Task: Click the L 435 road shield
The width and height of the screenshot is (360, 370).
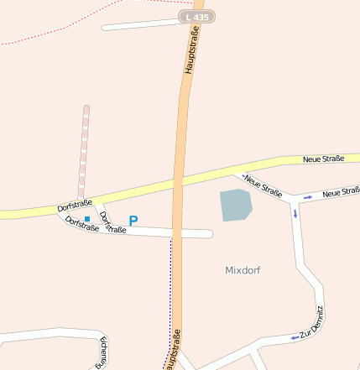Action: tap(197, 17)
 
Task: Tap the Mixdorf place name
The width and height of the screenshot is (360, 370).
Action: tap(243, 270)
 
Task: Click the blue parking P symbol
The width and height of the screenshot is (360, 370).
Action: tap(133, 221)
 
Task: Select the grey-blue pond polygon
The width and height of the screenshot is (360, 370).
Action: tap(235, 205)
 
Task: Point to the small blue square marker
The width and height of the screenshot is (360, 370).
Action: tap(86, 219)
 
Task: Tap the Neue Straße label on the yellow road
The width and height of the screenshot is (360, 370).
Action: tap(323, 159)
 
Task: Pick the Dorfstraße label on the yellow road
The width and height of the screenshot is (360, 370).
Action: tap(75, 205)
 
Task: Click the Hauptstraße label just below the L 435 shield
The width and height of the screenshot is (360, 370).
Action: tap(191, 51)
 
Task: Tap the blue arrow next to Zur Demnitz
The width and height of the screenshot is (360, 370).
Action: tap(294, 337)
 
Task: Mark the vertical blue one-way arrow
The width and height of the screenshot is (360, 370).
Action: tap(295, 212)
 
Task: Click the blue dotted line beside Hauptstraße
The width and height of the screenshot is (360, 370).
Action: tap(170, 285)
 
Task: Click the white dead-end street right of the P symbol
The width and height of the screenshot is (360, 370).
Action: tap(180, 232)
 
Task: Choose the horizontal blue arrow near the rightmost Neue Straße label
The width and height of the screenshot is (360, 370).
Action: tap(308, 196)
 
